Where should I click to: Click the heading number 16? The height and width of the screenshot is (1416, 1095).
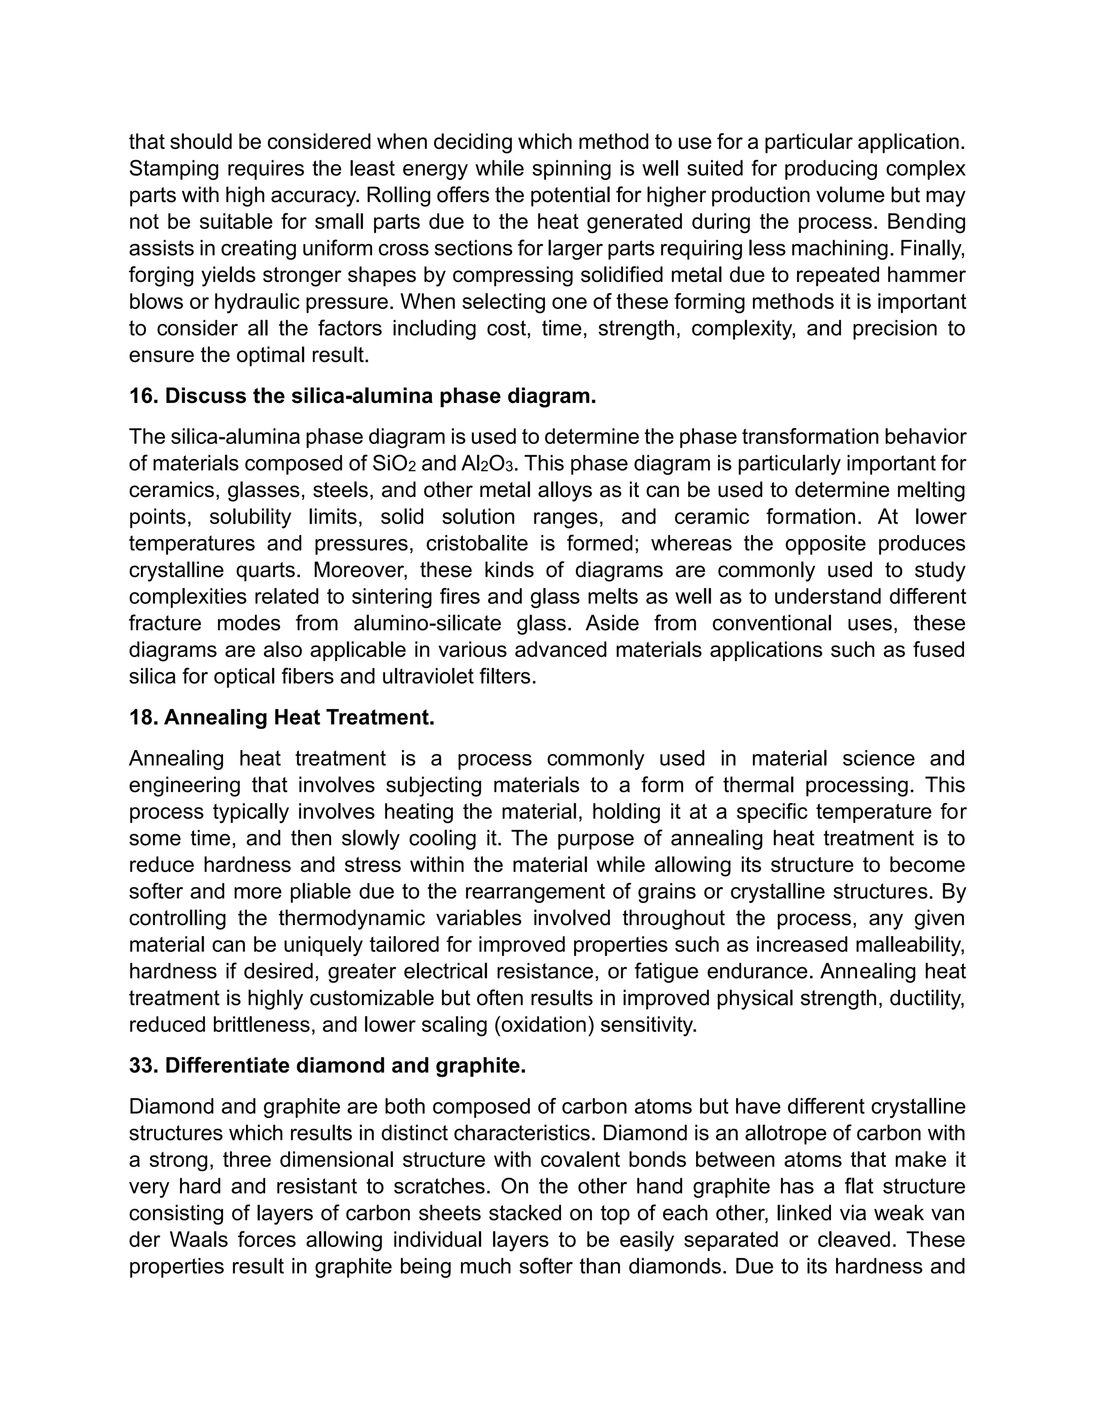143,396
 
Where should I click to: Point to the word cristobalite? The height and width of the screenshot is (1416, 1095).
477,543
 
